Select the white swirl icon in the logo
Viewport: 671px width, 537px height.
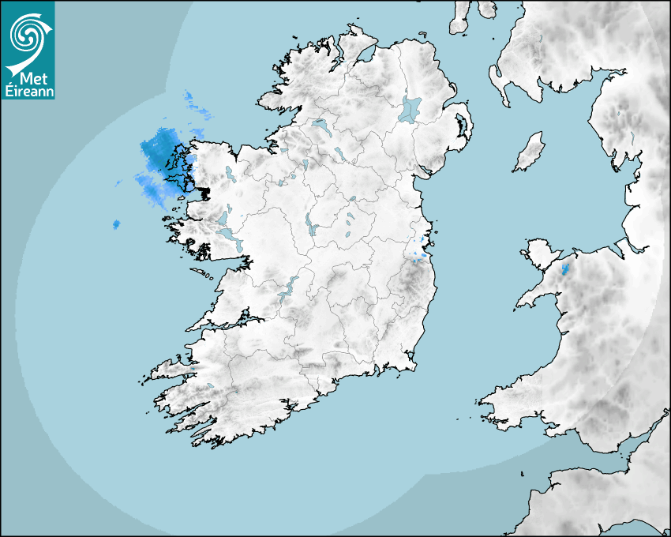pyautogui.click(x=27, y=36)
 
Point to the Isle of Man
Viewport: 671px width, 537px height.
pyautogui.click(x=530, y=152)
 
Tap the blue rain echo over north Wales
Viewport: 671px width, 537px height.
pyautogui.click(x=564, y=269)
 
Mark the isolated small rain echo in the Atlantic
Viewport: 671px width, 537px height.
pyautogui.click(x=116, y=225)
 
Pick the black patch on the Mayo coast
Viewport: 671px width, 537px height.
pyautogui.click(x=204, y=191)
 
